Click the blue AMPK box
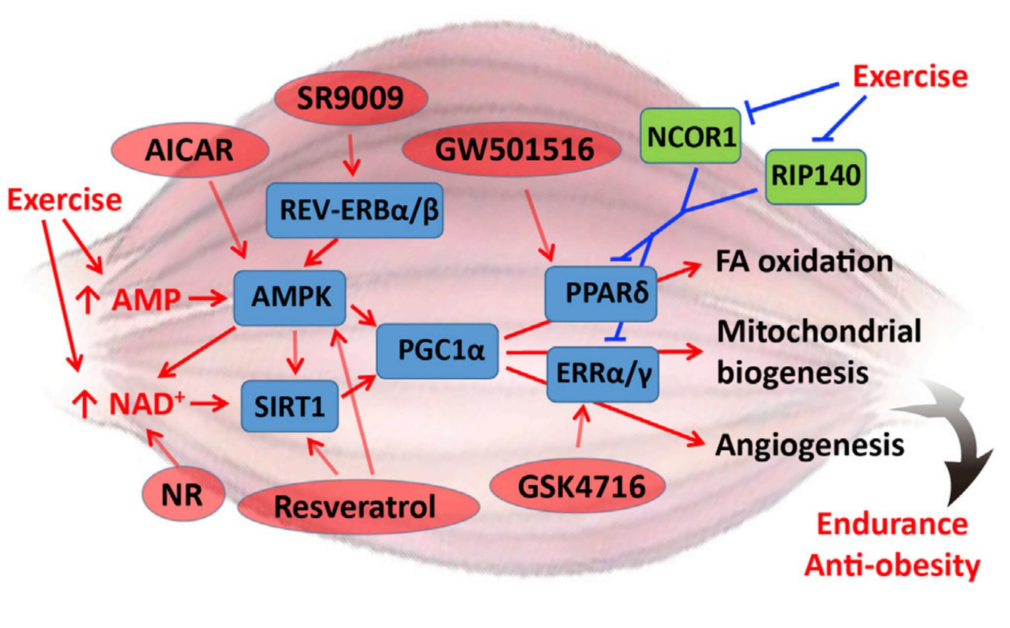pyautogui.click(x=290, y=298)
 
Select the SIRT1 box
pyautogui.click(x=290, y=406)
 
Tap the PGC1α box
pyautogui.click(x=438, y=351)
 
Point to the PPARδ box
pyautogui.click(x=601, y=293)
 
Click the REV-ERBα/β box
pyautogui.click(x=355, y=210)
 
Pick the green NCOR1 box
pyautogui.click(x=691, y=137)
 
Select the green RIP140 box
pyautogui.click(x=815, y=176)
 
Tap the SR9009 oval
pyautogui.click(x=350, y=98)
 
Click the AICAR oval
pyautogui.click(x=189, y=150)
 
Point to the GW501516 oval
pyautogui.click(x=513, y=149)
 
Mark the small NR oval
pyautogui.click(x=182, y=495)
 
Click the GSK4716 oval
pyautogui.click(x=578, y=486)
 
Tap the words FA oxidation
pyautogui.click(x=804, y=262)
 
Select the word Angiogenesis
pyautogui.click(x=809, y=445)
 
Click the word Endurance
pyautogui.click(x=891, y=524)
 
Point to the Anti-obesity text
pyautogui.click(x=891, y=565)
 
